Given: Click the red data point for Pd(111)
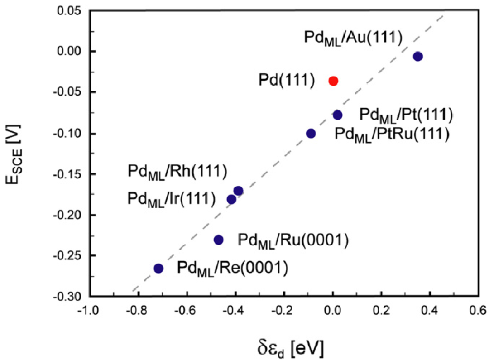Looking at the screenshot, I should (333, 81).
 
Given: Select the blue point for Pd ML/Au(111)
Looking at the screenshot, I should (418, 56).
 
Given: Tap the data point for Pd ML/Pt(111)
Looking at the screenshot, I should (338, 115).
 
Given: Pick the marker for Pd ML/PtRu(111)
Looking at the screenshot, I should (311, 133).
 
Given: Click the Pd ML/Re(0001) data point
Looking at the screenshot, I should (158, 268).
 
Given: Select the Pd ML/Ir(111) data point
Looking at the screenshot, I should (231, 199).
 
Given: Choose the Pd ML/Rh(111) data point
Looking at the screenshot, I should (238, 191).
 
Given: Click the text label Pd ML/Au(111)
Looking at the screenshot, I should (353, 38).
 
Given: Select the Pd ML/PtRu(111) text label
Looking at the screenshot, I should (391, 134).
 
